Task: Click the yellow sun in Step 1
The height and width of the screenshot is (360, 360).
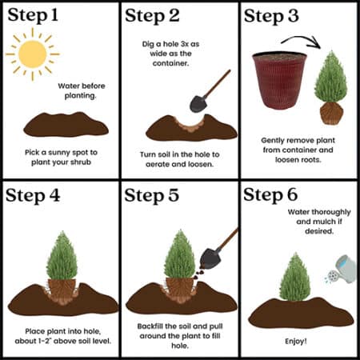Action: pyautogui.click(x=33, y=54)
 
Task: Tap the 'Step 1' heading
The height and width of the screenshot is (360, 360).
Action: pyautogui.click(x=33, y=15)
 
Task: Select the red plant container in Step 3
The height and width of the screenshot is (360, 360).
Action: pyautogui.click(x=280, y=81)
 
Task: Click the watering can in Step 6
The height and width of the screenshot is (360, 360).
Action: pyautogui.click(x=342, y=270)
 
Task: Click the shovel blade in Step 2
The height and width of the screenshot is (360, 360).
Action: pyautogui.click(x=198, y=103)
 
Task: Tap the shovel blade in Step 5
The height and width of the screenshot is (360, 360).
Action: pyautogui.click(x=210, y=258)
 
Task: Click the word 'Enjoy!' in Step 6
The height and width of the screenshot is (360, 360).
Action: pyautogui.click(x=296, y=341)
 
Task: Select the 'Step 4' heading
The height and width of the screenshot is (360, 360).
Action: pyautogui.click(x=33, y=195)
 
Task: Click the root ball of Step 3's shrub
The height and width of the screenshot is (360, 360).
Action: pyautogui.click(x=331, y=113)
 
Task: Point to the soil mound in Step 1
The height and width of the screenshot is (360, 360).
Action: pyautogui.click(x=66, y=125)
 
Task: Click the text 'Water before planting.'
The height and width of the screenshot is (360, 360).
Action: pyautogui.click(x=82, y=90)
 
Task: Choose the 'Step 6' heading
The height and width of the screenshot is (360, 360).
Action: pyautogui.click(x=270, y=194)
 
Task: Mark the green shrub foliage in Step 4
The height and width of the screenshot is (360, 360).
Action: pyautogui.click(x=62, y=255)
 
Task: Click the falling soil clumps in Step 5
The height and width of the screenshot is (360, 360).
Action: pyautogui.click(x=198, y=274)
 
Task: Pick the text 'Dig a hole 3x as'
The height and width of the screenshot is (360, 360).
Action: pyautogui.click(x=170, y=44)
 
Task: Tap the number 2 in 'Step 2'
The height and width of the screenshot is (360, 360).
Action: pyautogui.click(x=174, y=15)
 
